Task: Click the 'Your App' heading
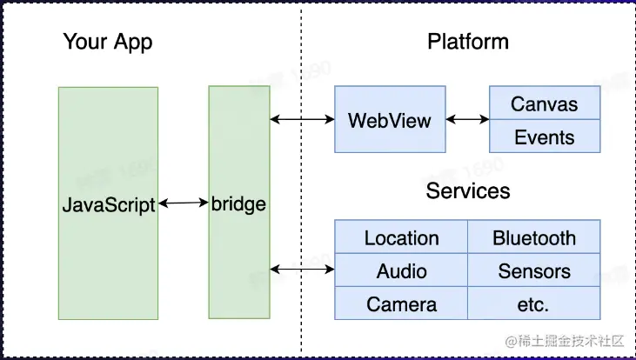click(107, 42)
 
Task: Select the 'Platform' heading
click(468, 42)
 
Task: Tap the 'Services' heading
click(468, 190)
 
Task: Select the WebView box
click(389, 120)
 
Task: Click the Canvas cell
click(545, 104)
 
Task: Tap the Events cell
click(545, 137)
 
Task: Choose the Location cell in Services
click(401, 237)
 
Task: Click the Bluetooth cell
click(534, 237)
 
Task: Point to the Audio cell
click(401, 270)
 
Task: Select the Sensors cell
click(534, 270)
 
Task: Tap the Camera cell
click(401, 303)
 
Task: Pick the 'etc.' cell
click(534, 303)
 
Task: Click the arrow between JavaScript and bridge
click(184, 203)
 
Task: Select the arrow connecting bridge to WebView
click(302, 119)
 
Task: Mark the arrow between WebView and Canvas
click(466, 119)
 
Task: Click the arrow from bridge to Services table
click(302, 270)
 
